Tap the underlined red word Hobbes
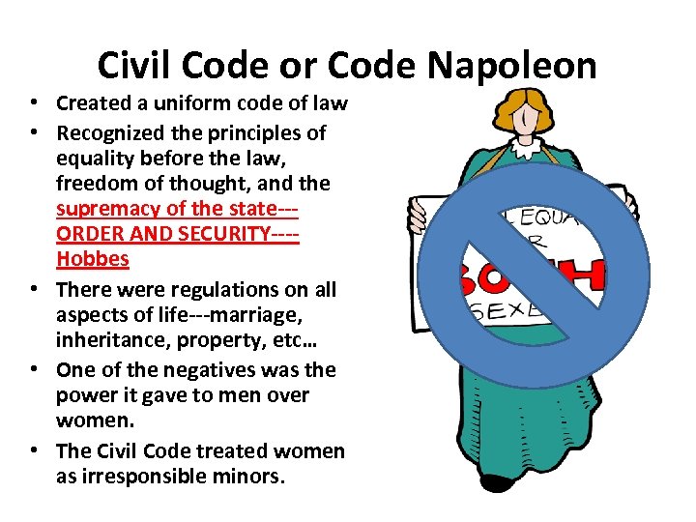[93, 259]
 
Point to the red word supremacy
[105, 209]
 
